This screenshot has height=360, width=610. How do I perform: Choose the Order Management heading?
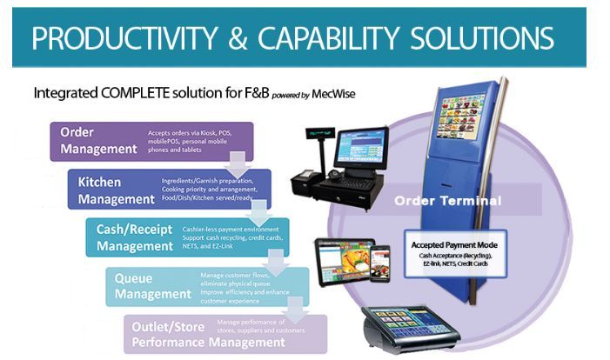click(98, 140)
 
